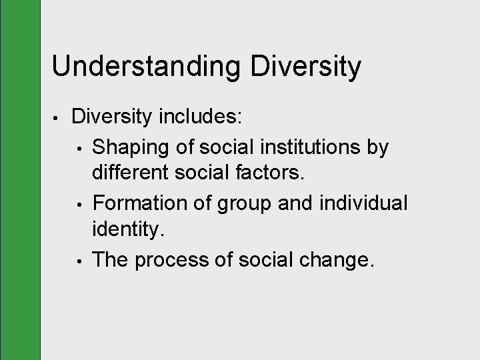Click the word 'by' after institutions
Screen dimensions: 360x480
[377, 147]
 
